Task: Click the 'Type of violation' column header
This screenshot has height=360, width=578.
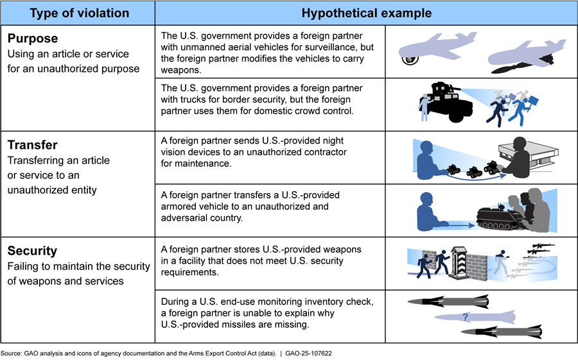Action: (x=79, y=13)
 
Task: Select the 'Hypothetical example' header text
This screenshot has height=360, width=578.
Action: (x=367, y=13)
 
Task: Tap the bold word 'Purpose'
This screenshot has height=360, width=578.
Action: (x=33, y=39)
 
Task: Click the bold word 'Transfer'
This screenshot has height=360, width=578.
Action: (x=33, y=145)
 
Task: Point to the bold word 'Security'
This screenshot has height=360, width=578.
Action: (x=32, y=251)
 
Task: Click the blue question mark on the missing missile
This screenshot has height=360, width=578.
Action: (x=465, y=317)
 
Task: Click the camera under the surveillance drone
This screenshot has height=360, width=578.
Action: (x=410, y=60)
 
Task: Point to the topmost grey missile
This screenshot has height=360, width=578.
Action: (x=448, y=302)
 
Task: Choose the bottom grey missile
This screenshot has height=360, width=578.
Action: (x=502, y=332)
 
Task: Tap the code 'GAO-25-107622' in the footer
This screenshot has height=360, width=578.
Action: (x=308, y=354)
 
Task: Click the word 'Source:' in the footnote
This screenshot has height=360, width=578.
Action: (x=12, y=354)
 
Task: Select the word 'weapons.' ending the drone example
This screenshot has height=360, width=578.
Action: (x=181, y=70)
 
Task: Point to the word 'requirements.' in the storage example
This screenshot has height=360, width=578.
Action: (x=190, y=272)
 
